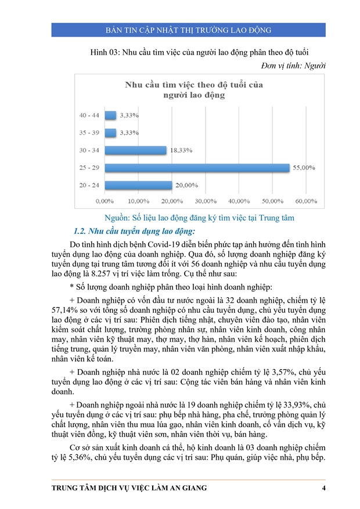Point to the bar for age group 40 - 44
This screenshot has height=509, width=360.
pos(109,115)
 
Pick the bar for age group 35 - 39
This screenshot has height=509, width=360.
pos(109,132)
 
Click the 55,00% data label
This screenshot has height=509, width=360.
pos(303,168)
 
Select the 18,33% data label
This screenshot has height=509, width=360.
pos(181,150)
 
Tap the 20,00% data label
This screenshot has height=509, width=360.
pos(186,185)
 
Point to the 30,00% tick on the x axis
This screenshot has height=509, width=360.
pos(206,201)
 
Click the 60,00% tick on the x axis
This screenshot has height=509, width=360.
pos(306,201)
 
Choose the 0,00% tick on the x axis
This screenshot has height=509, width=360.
pos(105,201)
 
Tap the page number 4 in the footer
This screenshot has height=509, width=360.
pos(323,488)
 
